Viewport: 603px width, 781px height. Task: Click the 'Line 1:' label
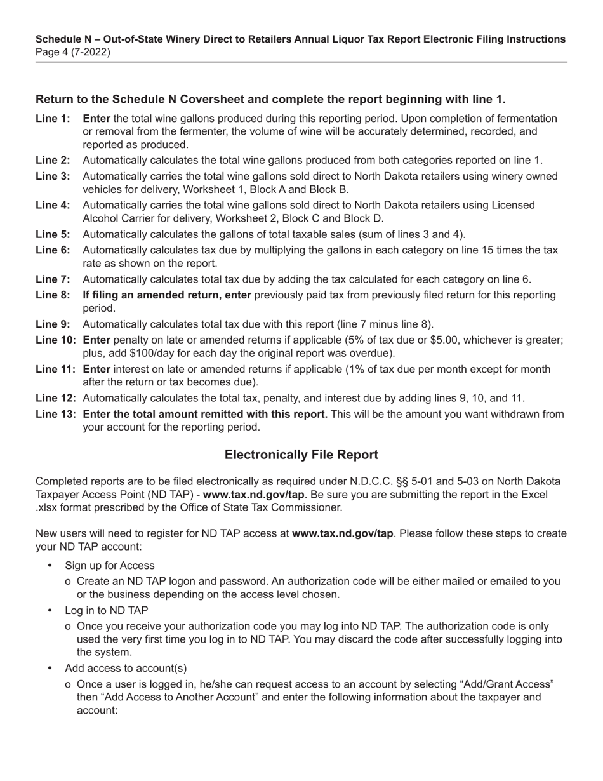click(x=53, y=119)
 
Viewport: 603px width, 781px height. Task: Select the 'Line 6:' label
click(x=53, y=250)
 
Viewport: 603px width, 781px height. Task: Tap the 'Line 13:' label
click(x=56, y=415)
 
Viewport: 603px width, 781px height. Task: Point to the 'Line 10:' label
click(x=56, y=340)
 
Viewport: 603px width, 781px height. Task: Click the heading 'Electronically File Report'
click(x=301, y=455)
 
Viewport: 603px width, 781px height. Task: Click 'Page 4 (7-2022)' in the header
click(x=73, y=52)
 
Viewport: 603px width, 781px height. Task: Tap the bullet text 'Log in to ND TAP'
click(x=106, y=611)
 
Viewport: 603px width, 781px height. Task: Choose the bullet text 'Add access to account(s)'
click(x=126, y=669)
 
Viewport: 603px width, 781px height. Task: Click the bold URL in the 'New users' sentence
click(x=342, y=533)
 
